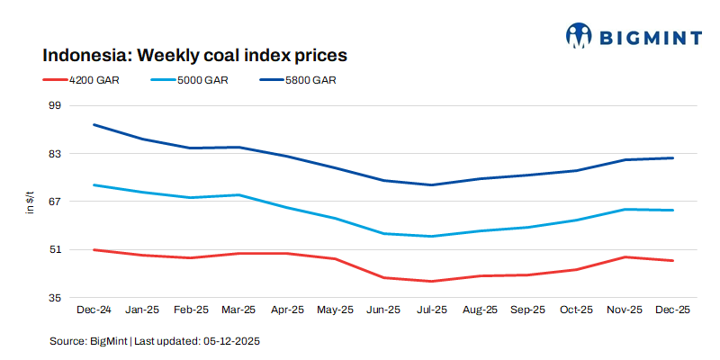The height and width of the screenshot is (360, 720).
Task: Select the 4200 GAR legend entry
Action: coord(94,80)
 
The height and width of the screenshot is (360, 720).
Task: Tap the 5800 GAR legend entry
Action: coord(310,80)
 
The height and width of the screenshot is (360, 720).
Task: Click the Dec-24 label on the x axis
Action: coord(93,310)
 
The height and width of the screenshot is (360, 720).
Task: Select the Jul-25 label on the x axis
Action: coord(431,310)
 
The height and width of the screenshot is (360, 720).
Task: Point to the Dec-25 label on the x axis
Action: coord(672,310)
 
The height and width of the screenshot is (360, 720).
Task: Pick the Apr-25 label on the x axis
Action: coord(286,310)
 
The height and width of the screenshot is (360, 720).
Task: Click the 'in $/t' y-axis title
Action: coord(30,202)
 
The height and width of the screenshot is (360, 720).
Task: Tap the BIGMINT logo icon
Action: coord(578,36)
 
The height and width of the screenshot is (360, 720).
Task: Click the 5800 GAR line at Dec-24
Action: coord(94,124)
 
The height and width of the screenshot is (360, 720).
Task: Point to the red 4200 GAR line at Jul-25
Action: coord(431,281)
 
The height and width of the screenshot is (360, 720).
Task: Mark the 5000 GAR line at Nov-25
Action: coord(624,210)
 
